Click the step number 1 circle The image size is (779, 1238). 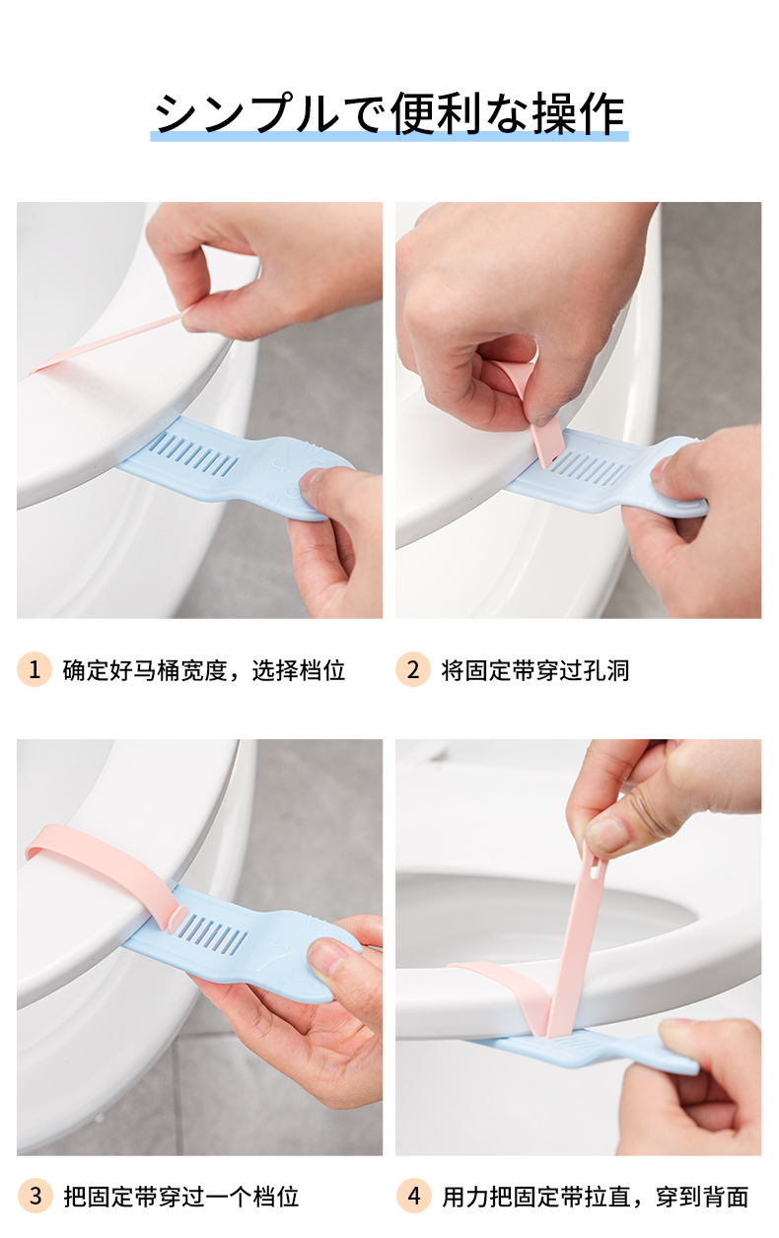[35, 669]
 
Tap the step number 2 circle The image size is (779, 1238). [413, 669]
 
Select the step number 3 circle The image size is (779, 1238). [35, 1197]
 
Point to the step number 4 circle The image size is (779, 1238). [413, 1197]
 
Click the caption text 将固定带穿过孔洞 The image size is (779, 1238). [535, 670]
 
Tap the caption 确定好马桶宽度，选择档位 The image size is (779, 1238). [204, 670]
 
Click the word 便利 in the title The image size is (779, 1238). [436, 114]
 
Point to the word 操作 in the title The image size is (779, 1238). [578, 114]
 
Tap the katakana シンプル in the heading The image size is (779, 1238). [247, 114]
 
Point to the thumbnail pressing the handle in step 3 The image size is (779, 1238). [327, 956]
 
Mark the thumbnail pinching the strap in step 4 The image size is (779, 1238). [606, 834]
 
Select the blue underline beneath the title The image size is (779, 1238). [389, 136]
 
